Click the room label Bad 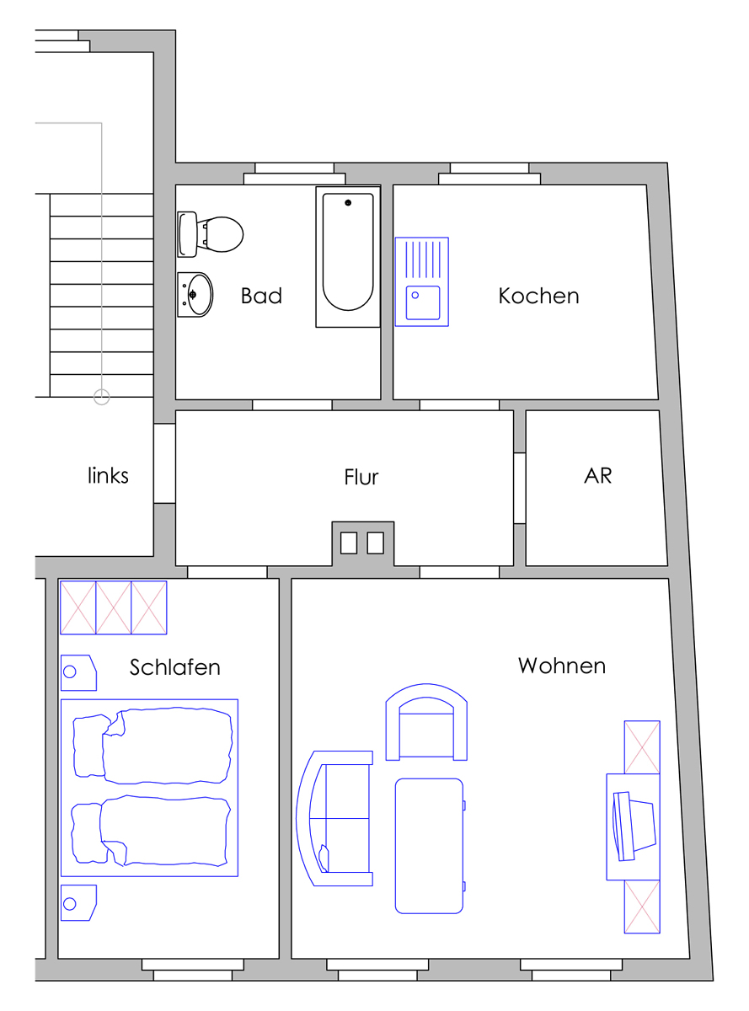coord(261,296)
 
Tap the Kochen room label coord(538,296)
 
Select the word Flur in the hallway coord(361,477)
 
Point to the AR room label coord(597,475)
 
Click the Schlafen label coord(174,667)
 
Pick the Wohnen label coord(562,666)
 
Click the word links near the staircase coord(108,475)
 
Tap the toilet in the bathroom coord(210,234)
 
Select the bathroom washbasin coord(195,295)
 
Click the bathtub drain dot coord(348,203)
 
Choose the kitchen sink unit coord(422,281)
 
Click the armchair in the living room coord(426,722)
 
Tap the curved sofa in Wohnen coord(334,818)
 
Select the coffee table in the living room coord(429,846)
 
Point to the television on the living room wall coord(634,826)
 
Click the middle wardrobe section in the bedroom coord(114,607)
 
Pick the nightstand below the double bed coord(78,903)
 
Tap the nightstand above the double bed coord(78,673)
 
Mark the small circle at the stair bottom coord(102,397)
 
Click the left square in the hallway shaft coord(349,543)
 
